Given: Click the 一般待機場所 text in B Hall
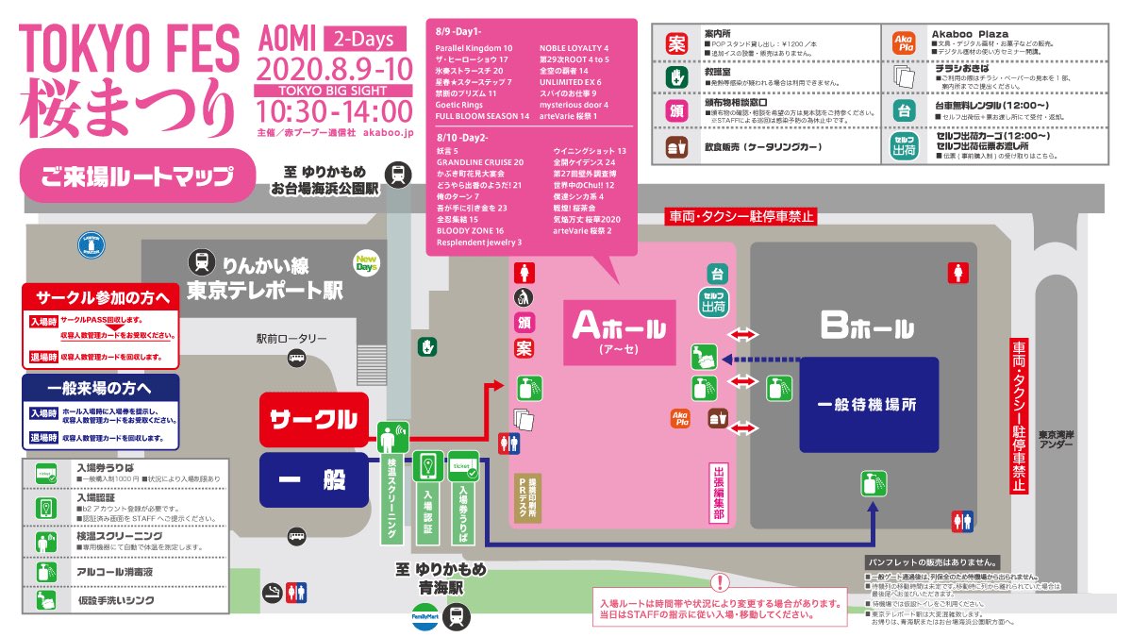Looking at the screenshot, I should tap(868, 405).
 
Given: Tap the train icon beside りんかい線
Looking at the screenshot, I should tap(201, 261).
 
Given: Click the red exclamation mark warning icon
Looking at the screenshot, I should tap(720, 582).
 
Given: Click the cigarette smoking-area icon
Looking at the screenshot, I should tap(271, 592).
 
